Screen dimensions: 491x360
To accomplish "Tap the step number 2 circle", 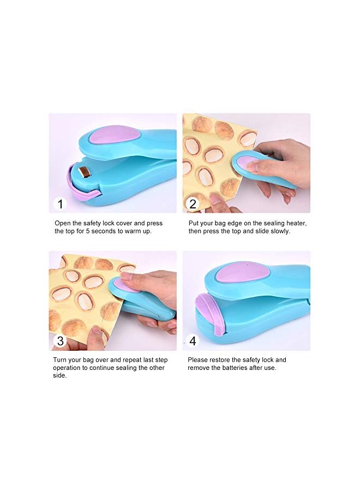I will click(193, 204).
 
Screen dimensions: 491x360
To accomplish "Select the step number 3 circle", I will click(60, 342).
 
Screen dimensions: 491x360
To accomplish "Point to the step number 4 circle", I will click(193, 342).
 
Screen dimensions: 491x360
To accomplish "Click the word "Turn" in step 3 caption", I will click(60, 360).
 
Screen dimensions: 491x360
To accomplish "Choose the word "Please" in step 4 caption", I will click(198, 360).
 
